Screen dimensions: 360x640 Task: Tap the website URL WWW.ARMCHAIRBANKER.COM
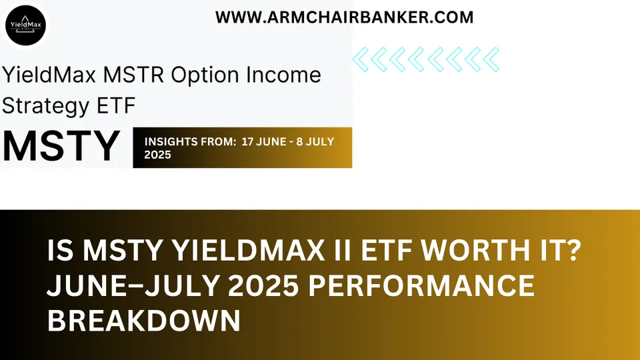click(x=344, y=18)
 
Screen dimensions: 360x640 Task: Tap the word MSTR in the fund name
click(x=136, y=75)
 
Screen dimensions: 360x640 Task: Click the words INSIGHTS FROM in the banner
click(x=181, y=141)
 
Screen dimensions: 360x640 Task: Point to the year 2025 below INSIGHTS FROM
click(x=157, y=155)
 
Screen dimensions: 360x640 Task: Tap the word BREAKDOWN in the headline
click(x=143, y=322)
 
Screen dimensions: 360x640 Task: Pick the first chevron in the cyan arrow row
click(x=360, y=60)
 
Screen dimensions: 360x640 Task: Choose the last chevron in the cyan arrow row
click(x=491, y=60)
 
